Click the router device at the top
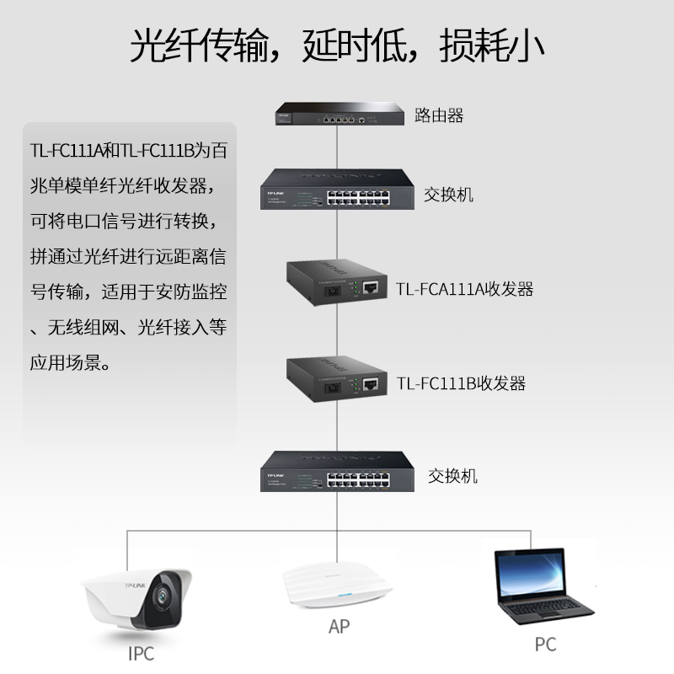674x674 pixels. [x=337, y=114]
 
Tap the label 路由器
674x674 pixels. [x=438, y=115]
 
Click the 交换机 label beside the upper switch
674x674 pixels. [x=448, y=195]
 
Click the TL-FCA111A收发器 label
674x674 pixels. [x=465, y=290]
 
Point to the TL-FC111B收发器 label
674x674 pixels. [x=461, y=384]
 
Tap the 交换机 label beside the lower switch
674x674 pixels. [x=452, y=476]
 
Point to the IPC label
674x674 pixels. [x=142, y=653]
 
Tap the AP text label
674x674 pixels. [x=338, y=628]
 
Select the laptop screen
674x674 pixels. [x=529, y=573]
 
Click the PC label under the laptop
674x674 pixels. [x=545, y=645]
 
